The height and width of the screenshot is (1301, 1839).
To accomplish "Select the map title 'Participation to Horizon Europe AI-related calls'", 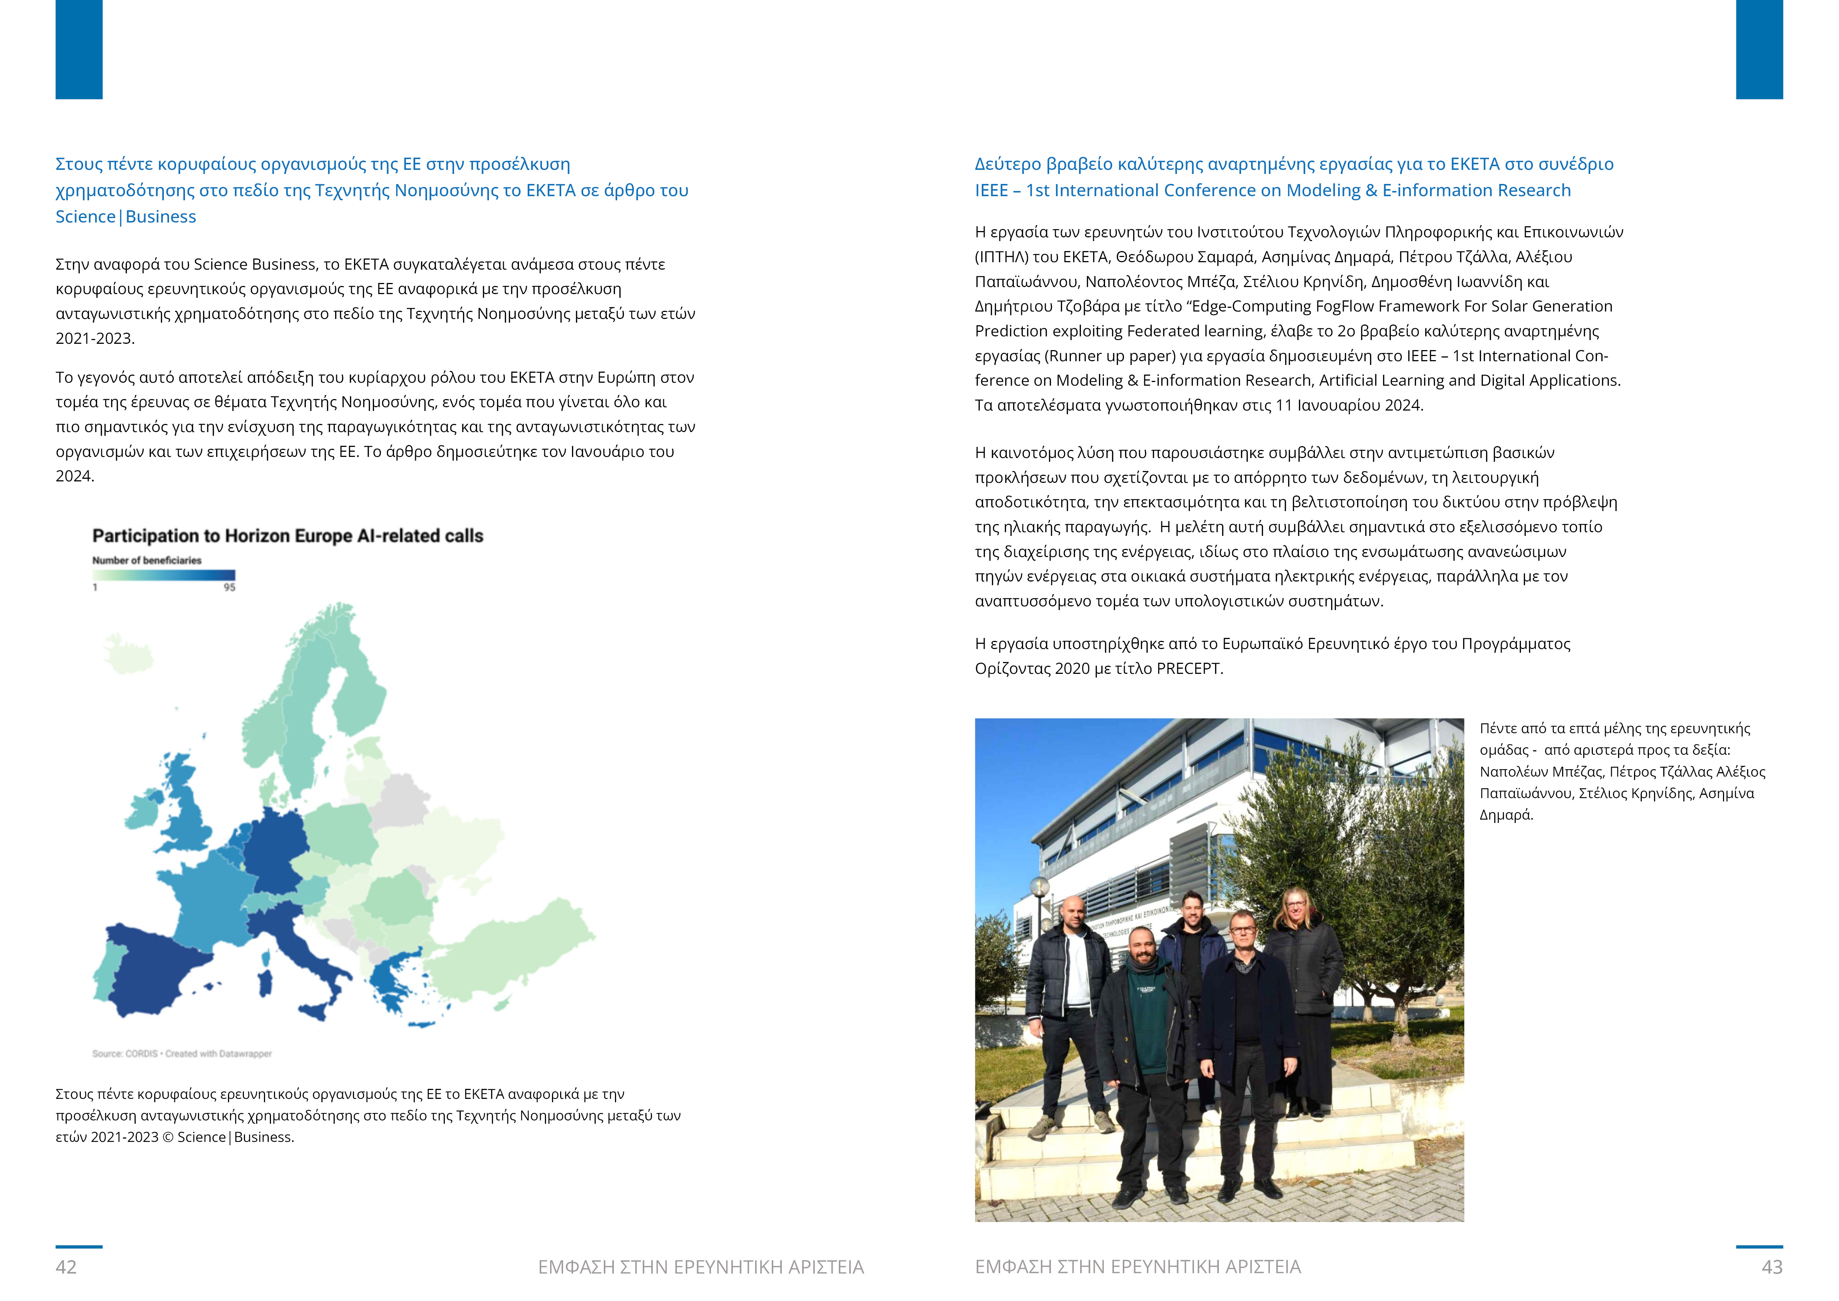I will pos(288,536).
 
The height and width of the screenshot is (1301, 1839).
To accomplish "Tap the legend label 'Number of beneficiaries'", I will pos(146,560).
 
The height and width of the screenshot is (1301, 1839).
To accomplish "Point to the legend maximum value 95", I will pos(229,587).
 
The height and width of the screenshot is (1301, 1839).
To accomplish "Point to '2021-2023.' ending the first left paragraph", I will pos(95,338).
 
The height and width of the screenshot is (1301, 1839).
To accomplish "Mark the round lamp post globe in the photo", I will pos(1039,887).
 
